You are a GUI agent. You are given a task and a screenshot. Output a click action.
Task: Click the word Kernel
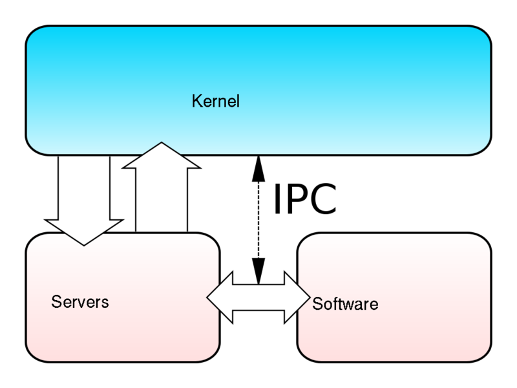coord(215,102)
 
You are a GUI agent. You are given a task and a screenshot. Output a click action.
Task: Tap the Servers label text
coord(79,302)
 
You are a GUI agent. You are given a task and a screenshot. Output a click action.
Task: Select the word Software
coord(344,304)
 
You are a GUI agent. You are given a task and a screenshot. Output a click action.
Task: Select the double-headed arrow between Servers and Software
coord(258,297)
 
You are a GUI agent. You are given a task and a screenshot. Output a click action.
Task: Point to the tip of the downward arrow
coord(84,244)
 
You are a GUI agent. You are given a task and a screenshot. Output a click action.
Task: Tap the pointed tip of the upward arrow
coord(161,144)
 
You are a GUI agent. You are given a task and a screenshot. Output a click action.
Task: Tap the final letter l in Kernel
coord(237,102)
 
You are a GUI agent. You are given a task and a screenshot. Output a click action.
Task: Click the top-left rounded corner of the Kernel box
coord(32,34)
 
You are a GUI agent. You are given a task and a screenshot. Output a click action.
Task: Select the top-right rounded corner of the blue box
coord(485,34)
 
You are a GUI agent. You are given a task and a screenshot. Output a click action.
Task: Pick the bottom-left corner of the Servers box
coord(32,356)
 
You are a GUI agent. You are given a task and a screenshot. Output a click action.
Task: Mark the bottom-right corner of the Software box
coord(485,356)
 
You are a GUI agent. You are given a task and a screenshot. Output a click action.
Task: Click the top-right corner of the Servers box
coord(213,240)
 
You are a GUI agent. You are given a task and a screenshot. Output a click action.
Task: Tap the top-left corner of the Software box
coord(304,240)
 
